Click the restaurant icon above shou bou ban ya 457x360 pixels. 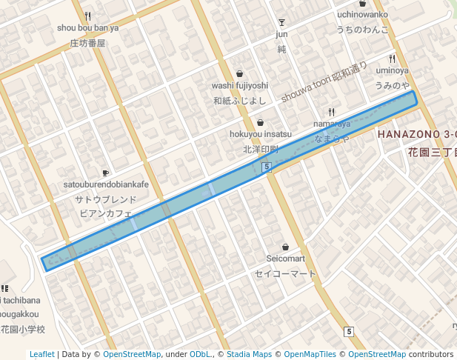(87, 16)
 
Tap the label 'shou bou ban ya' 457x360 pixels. (87, 28)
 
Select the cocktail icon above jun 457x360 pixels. (281, 21)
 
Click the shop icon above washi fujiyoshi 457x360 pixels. (239, 73)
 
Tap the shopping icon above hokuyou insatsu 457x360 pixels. (260, 122)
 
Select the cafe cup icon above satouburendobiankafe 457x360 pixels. (105, 173)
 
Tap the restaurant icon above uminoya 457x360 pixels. (392, 59)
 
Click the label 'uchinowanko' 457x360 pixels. (362, 14)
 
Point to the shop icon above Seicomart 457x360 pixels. (285, 247)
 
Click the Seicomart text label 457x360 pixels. (285, 259)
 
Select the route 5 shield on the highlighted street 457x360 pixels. (266, 168)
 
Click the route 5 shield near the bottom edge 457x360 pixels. (348, 331)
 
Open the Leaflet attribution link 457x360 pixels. (41, 354)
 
